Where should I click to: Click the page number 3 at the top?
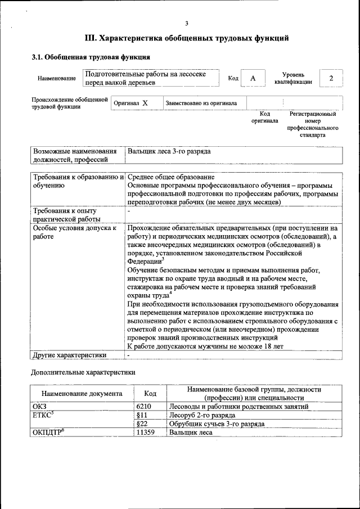(x=186, y=23)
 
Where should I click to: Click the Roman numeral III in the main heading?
(x=91, y=39)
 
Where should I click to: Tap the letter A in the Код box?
(x=253, y=78)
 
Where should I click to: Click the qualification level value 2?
(x=331, y=78)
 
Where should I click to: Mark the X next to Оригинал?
(x=145, y=103)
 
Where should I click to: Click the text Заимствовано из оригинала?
(x=201, y=103)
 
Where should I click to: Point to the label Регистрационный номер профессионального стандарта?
(x=312, y=124)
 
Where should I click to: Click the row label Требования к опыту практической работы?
(x=65, y=215)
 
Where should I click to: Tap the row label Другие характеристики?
(x=70, y=355)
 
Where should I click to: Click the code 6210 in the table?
(x=144, y=406)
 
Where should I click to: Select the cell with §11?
(x=142, y=415)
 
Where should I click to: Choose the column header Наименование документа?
(x=82, y=394)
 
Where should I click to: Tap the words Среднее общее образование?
(x=171, y=177)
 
